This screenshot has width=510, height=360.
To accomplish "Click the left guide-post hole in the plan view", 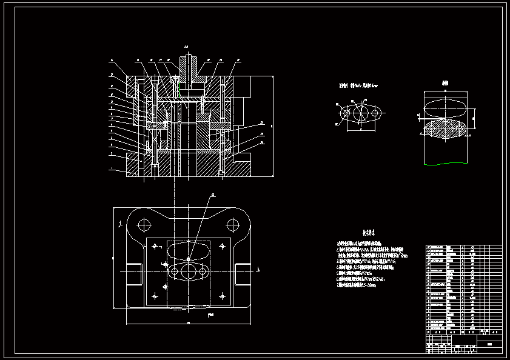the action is (x=144, y=225).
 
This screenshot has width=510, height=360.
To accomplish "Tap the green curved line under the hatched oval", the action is (x=445, y=164).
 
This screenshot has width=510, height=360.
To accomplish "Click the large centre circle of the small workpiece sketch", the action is (x=361, y=113).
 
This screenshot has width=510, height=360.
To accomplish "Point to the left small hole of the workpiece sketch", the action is (x=346, y=113).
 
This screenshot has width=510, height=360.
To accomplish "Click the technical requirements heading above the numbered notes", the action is (x=368, y=232).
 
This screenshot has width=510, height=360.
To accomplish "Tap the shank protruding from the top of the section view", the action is (x=190, y=63).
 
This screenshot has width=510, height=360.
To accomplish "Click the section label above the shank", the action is (x=187, y=47).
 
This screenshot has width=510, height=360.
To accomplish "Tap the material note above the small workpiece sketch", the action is (x=358, y=85).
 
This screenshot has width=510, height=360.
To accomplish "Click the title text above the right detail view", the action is (x=445, y=83).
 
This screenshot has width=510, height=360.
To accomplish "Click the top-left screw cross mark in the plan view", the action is (x=155, y=245).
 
